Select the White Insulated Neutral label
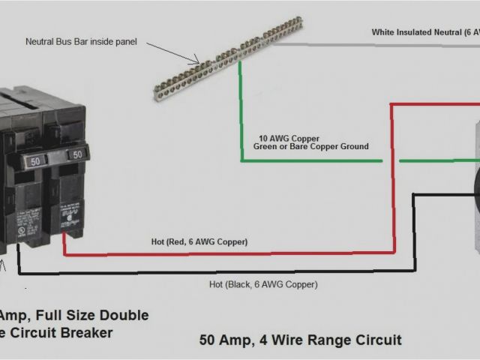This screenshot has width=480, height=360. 424,32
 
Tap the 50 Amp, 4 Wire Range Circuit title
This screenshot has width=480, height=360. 300,340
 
